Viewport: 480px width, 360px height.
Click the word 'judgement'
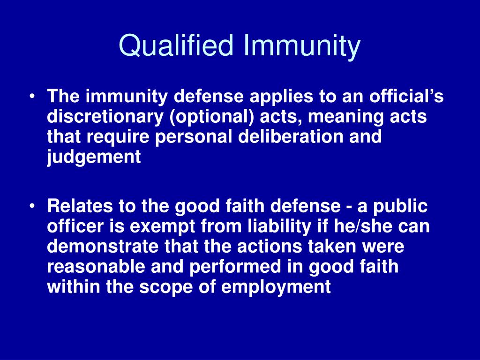click(x=94, y=157)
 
